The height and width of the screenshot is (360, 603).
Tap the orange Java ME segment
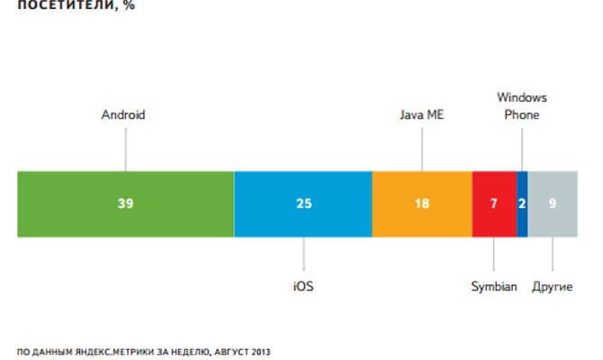click(x=396, y=203)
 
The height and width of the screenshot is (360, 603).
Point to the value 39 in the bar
click(x=125, y=203)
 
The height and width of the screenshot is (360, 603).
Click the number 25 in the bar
click(x=303, y=203)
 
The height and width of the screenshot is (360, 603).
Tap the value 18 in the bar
click(x=421, y=203)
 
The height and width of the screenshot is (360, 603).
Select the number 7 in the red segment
click(x=493, y=203)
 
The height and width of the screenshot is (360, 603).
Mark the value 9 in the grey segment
click(x=553, y=203)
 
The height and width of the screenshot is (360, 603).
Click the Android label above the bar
click(x=123, y=115)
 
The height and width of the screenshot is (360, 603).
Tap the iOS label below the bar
click(x=303, y=286)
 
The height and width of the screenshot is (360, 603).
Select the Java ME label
click(x=421, y=115)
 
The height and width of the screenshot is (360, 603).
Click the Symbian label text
click(x=494, y=286)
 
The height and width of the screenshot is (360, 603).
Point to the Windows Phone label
click(x=522, y=106)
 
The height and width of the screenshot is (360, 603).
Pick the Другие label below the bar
click(x=552, y=286)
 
